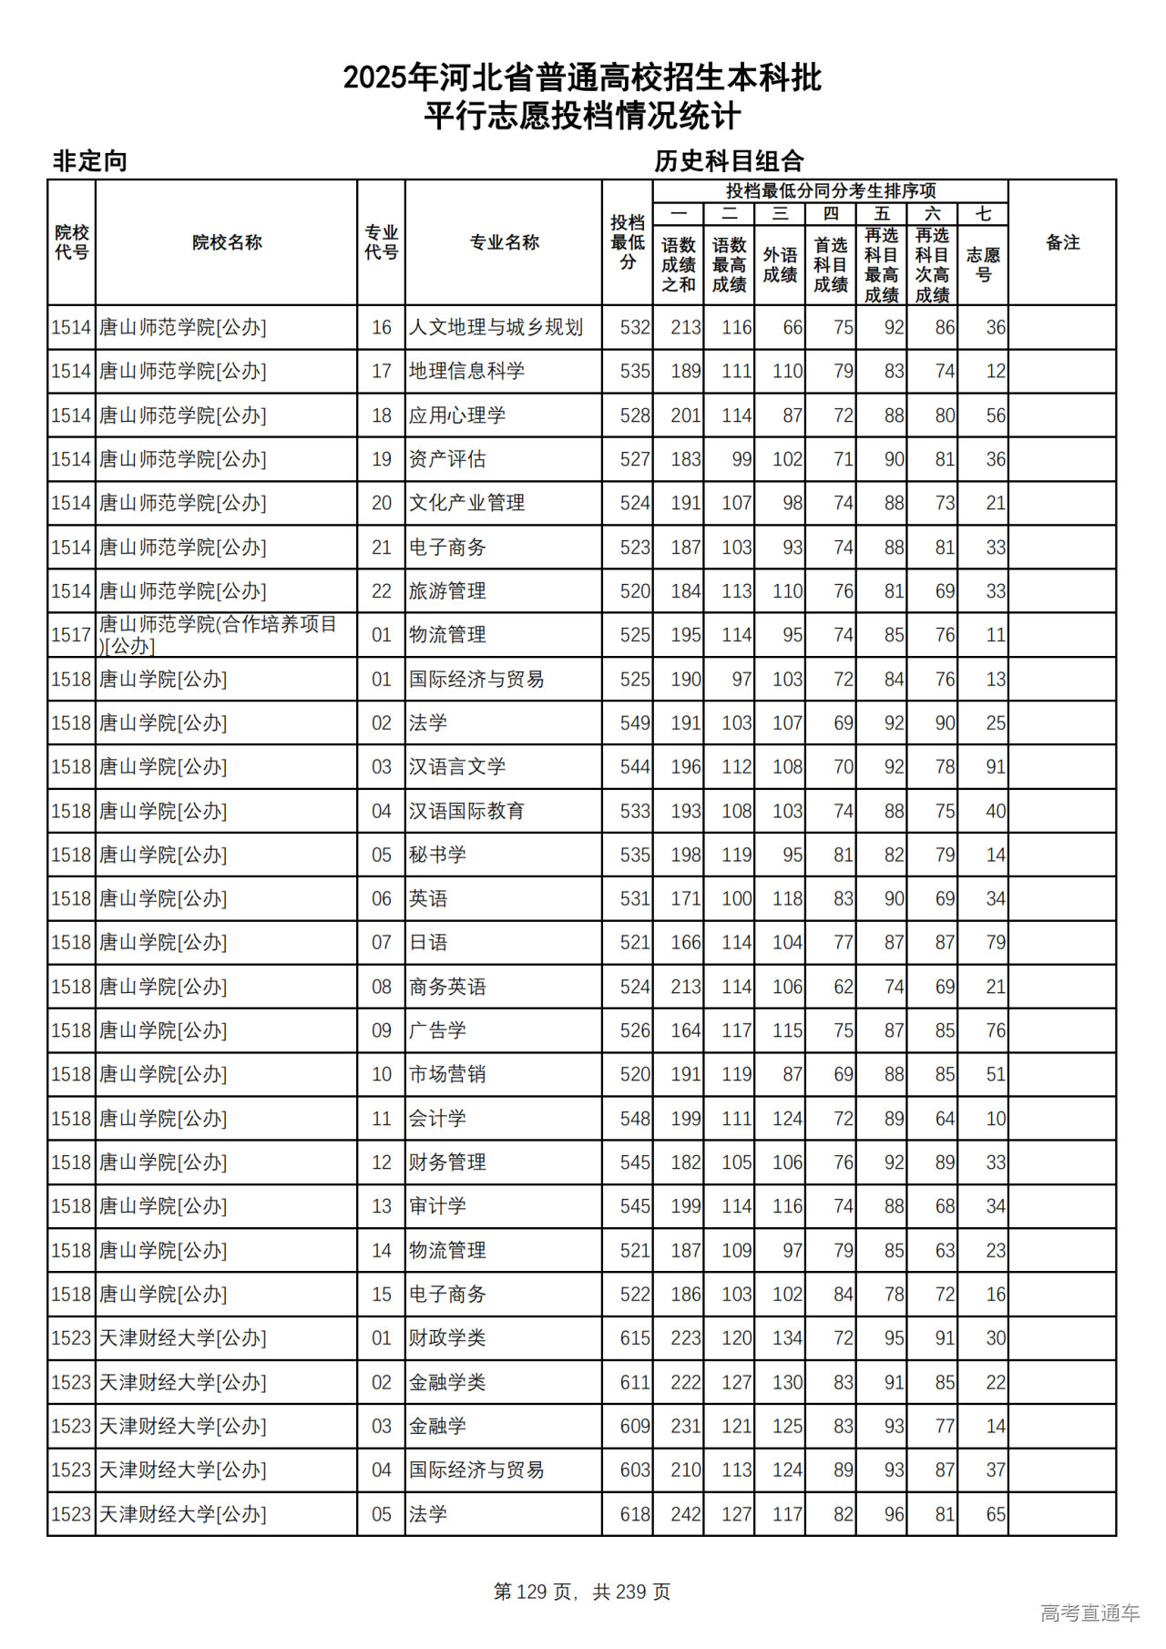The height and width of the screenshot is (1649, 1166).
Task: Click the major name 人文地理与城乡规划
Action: [496, 327]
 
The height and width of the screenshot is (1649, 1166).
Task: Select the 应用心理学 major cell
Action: [457, 415]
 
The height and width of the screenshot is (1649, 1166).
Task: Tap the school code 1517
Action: [71, 635]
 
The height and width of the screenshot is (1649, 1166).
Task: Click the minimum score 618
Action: [634, 1514]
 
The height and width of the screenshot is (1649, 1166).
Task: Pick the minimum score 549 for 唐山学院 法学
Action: [634, 723]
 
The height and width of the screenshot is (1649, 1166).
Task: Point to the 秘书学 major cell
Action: [437, 855]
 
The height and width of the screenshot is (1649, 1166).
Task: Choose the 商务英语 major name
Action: [447, 987]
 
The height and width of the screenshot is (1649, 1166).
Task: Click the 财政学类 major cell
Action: [447, 1338]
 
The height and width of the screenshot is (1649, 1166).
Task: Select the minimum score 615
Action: [634, 1338]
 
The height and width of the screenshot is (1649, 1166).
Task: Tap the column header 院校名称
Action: [227, 242]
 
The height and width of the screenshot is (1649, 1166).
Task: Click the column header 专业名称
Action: [504, 242]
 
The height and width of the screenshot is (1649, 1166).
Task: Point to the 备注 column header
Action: [1062, 242]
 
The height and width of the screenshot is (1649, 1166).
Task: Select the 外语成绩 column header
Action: [780, 264]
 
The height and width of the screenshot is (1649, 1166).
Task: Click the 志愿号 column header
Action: [983, 264]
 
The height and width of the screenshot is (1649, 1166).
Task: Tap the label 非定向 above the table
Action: [89, 161]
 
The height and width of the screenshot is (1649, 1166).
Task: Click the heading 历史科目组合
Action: [729, 161]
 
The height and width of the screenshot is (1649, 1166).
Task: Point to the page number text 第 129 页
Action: [533, 1592]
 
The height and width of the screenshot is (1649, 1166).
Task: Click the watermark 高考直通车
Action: [1089, 1613]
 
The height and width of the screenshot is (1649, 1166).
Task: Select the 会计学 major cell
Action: [437, 1119]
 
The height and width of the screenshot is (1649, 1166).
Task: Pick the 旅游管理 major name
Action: [447, 591]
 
